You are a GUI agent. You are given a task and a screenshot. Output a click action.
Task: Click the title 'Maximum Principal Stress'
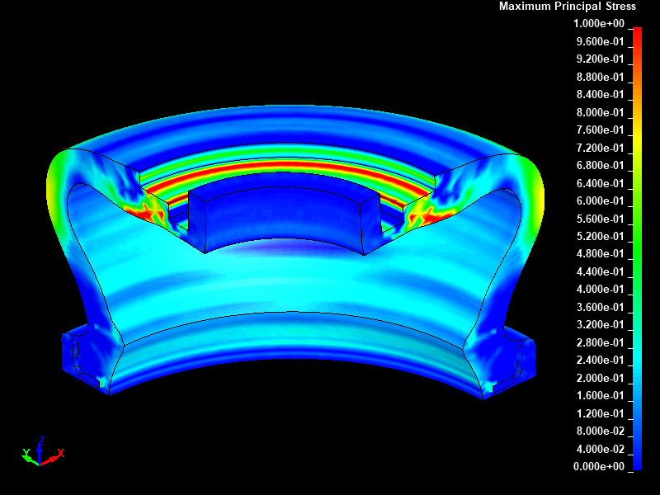(x=567, y=7)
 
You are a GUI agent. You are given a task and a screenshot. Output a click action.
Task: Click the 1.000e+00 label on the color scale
(x=599, y=24)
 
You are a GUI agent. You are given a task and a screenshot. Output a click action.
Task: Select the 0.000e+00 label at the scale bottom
(x=599, y=466)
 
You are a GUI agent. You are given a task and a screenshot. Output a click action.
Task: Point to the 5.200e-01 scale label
(x=601, y=236)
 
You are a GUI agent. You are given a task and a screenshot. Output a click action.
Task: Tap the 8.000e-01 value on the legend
(x=601, y=112)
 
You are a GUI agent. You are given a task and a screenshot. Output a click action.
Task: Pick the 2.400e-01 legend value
(x=601, y=360)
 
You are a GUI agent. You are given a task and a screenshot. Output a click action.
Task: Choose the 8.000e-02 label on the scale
(x=601, y=431)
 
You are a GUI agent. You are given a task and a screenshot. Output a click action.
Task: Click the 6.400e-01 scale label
(x=601, y=183)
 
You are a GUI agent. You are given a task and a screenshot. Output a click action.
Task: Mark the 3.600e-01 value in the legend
(x=601, y=307)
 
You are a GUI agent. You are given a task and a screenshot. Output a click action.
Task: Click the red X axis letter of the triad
(x=60, y=453)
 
